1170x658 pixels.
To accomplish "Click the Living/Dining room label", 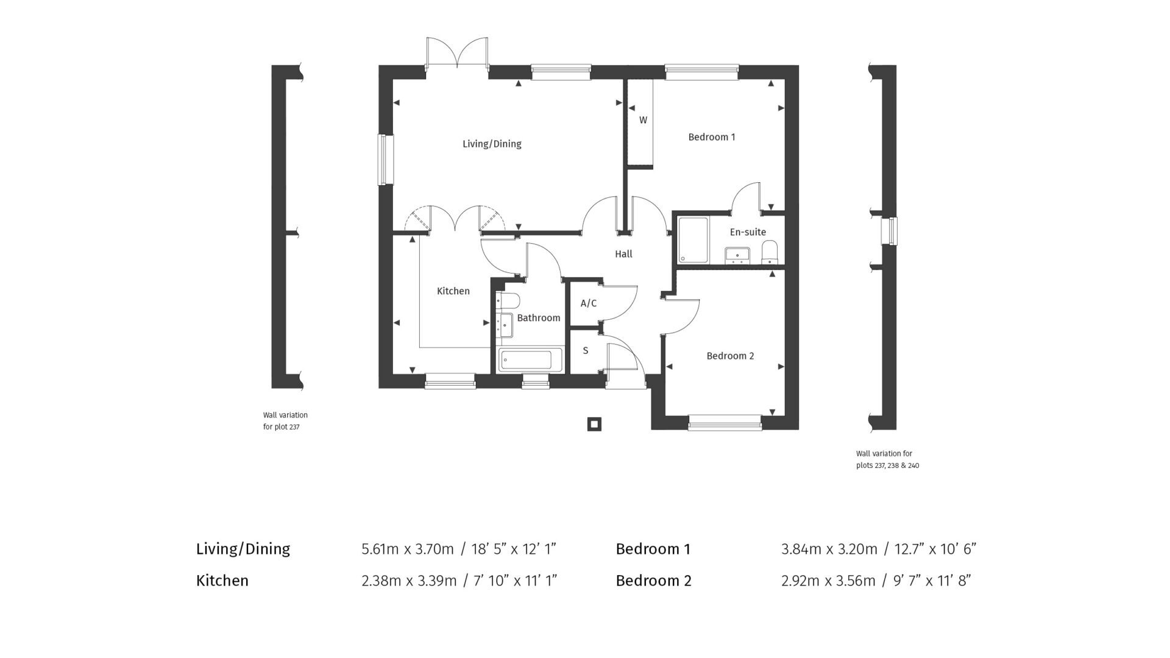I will [492, 144].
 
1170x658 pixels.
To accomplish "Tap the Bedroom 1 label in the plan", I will [711, 137].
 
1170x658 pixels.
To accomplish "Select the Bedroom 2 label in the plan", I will [730, 356].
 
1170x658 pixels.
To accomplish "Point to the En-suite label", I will [748, 232].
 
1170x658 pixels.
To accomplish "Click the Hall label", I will [623, 254].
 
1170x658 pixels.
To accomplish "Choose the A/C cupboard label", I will [588, 303].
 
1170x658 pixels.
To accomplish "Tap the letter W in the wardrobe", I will [643, 121].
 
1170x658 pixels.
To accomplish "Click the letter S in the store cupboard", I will [586, 351].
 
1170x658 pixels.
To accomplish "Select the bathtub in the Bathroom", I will [525, 360].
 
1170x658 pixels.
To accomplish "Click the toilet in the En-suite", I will [770, 252].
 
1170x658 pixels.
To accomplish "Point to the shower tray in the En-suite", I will [693, 240].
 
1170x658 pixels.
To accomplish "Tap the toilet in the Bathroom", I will [509, 301].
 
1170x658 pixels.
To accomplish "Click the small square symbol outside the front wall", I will [594, 424].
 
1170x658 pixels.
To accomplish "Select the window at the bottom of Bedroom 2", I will [725, 422].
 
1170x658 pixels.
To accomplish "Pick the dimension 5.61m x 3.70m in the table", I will [407, 549].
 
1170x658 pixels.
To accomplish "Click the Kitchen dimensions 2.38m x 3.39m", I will [408, 581].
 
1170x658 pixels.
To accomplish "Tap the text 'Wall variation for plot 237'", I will [285, 421].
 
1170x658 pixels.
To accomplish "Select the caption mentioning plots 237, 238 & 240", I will [887, 459].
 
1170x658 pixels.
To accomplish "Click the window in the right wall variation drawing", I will [892, 232].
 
